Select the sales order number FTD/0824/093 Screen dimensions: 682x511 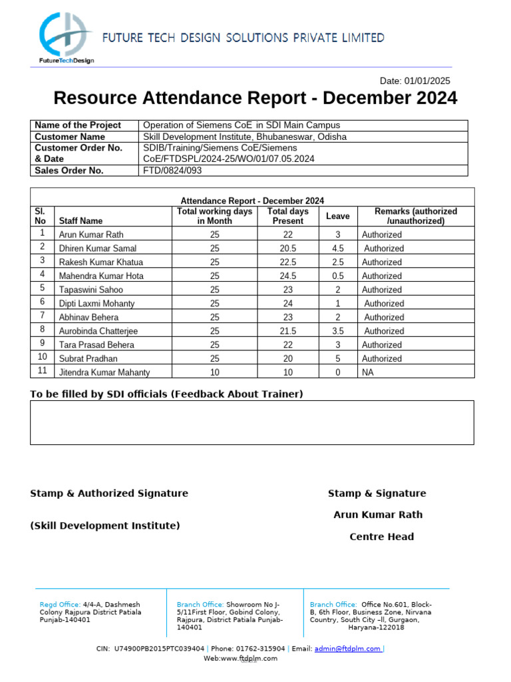coord(172,170)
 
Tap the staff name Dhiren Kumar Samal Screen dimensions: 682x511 coord(98,248)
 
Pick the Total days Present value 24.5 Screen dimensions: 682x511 coord(287,276)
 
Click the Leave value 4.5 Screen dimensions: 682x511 coord(337,248)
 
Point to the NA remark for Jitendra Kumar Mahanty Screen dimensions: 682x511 coord(367,372)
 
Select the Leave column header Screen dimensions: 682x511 coord(337,216)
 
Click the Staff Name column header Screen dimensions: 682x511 coord(81,220)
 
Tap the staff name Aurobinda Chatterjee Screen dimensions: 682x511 coord(98,331)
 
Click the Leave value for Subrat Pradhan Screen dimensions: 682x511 coord(337,358)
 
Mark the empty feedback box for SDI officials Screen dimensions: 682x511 coord(252,422)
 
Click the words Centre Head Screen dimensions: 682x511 coord(381,537)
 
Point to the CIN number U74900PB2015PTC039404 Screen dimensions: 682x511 coord(159,649)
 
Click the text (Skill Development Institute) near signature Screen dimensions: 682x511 coord(105,525)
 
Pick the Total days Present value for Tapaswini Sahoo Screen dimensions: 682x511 coord(287,290)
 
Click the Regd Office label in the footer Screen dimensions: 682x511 coord(60,604)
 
